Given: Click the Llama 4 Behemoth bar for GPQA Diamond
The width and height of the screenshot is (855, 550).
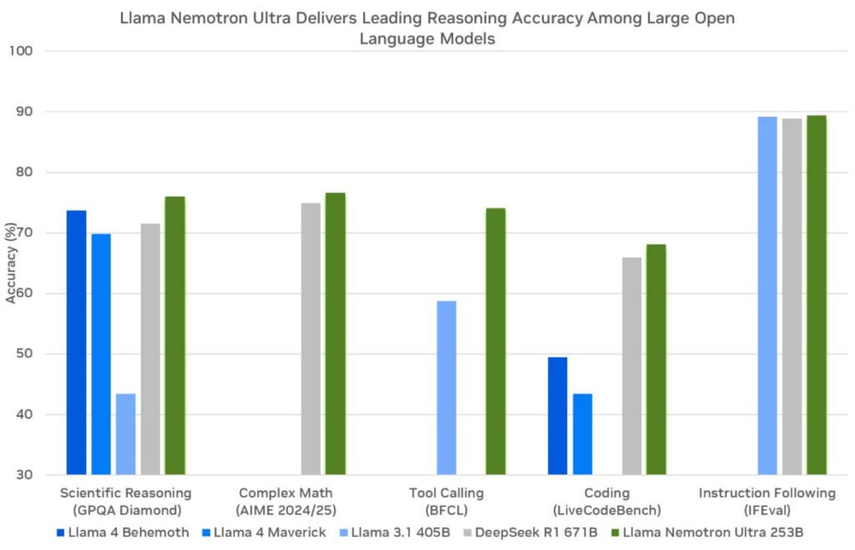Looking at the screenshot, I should point(76,342).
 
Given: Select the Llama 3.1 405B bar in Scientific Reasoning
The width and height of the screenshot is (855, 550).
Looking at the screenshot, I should point(126,434).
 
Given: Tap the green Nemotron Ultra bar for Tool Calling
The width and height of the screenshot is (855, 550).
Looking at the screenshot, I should point(495,341).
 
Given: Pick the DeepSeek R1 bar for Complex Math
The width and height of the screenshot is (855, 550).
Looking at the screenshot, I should point(311,339).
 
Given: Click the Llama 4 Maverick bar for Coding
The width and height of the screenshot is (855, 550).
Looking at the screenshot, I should point(582,434).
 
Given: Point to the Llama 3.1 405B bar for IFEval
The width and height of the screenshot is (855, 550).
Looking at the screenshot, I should point(766,295).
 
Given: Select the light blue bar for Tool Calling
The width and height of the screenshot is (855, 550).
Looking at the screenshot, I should point(447,387).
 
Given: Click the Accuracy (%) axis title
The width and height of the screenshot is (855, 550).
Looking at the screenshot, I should point(11,263).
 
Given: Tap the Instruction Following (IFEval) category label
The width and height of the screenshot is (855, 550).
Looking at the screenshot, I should point(766,501).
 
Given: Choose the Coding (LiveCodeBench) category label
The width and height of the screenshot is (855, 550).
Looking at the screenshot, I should point(607,501).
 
